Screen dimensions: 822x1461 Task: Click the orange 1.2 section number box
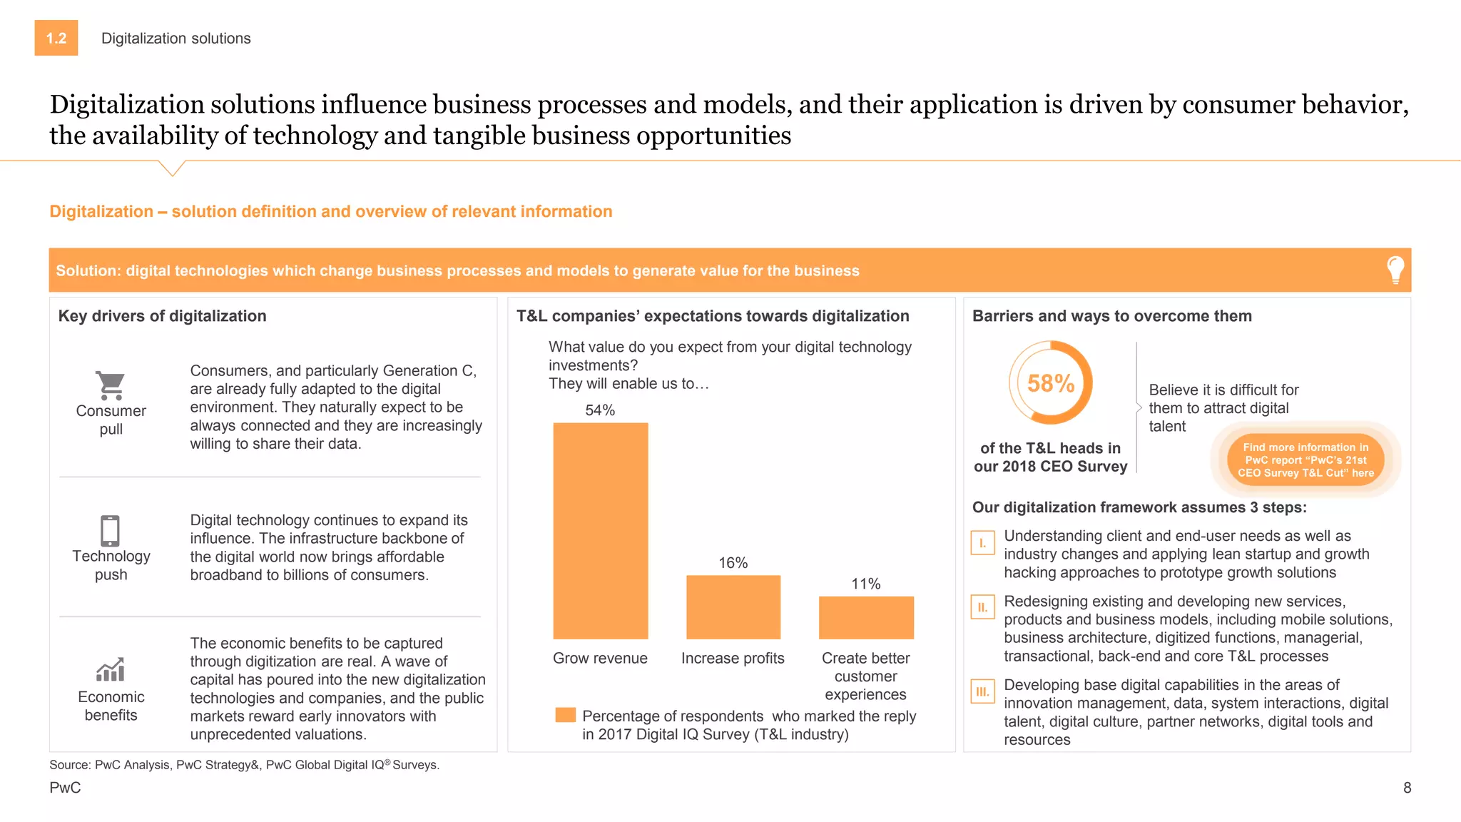click(x=56, y=39)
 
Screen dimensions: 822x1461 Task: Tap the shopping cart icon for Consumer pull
click(x=111, y=385)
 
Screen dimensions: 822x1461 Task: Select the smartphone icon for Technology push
click(x=111, y=531)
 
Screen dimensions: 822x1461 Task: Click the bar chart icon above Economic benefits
click(x=111, y=669)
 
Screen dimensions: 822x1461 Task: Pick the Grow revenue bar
click(x=601, y=531)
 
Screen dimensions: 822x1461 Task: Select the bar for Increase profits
click(x=733, y=607)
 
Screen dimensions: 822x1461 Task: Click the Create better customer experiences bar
click(x=866, y=617)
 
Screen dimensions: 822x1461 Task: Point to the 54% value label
click(x=600, y=410)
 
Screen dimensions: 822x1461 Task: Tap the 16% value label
click(x=733, y=563)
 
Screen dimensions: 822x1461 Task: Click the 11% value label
click(x=866, y=584)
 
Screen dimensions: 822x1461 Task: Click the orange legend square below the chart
click(x=566, y=715)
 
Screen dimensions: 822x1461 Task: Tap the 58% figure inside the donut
click(x=1051, y=383)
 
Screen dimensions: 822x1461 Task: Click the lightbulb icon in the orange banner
click(x=1395, y=270)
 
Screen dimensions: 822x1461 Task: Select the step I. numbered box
click(x=983, y=543)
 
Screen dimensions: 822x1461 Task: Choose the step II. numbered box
click(x=983, y=608)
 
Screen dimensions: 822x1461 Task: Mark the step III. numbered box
click(x=983, y=691)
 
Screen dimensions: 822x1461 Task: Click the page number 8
click(x=1407, y=788)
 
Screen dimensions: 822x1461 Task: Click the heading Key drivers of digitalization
click(x=163, y=316)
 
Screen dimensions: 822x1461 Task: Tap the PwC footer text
click(x=65, y=788)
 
